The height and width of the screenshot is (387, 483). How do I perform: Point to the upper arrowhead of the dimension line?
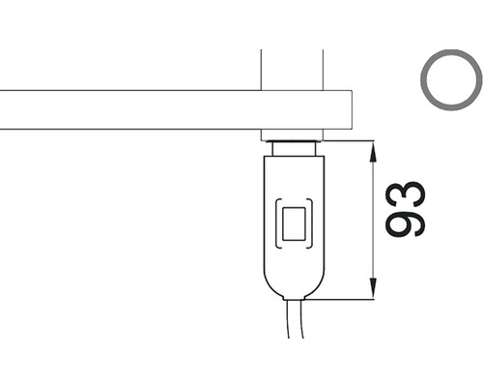(x=373, y=152)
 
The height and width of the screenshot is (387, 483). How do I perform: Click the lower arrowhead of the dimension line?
(x=373, y=289)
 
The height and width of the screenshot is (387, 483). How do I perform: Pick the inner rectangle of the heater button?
(x=294, y=223)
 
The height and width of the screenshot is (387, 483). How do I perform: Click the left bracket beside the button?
(x=277, y=223)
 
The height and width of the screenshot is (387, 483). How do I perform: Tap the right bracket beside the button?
(x=311, y=223)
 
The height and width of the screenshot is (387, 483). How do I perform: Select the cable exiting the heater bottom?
(x=296, y=319)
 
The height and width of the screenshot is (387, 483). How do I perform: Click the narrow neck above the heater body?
(x=294, y=149)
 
